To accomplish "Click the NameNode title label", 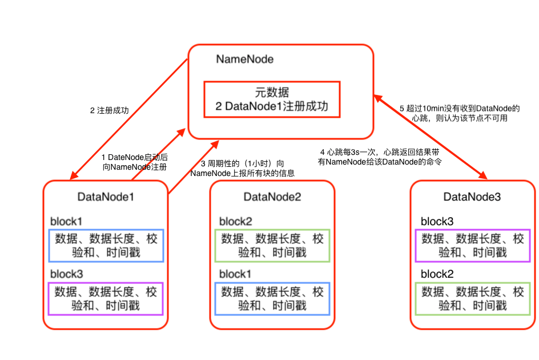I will click(x=244, y=59).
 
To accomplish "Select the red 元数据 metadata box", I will click(x=272, y=99).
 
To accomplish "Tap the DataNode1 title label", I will click(x=106, y=197).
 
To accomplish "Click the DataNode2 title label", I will click(x=272, y=197).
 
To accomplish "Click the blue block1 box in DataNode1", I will click(x=106, y=246).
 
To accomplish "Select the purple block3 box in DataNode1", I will click(x=106, y=298).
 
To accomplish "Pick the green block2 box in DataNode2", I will click(x=272, y=246).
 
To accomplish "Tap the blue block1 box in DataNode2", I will click(x=272, y=298).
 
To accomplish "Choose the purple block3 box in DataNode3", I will click(x=473, y=246).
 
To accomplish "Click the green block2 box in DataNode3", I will click(x=473, y=298).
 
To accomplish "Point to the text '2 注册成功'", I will click(x=109, y=111).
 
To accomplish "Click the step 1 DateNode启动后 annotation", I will click(x=135, y=162).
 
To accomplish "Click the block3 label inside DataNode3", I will click(x=437, y=222).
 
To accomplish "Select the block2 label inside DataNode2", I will click(x=236, y=222).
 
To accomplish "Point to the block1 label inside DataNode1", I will click(x=66, y=222).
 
